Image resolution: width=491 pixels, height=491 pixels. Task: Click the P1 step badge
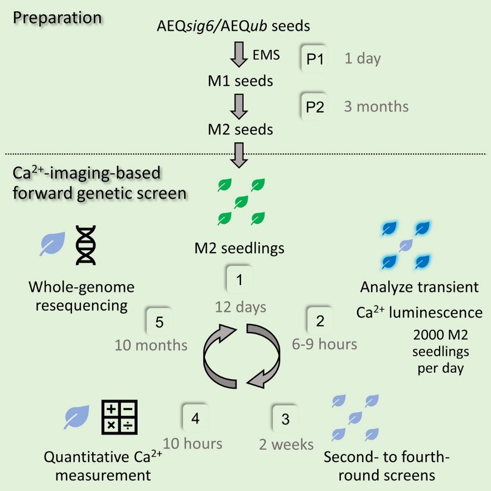(x=315, y=59)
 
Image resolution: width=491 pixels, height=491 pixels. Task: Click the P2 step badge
(x=315, y=107)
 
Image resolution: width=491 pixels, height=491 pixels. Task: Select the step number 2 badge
(x=320, y=321)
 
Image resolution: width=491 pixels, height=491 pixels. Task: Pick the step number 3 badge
(x=286, y=420)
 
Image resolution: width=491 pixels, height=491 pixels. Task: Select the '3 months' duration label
(x=376, y=107)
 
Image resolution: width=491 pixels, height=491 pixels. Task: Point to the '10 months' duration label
(x=151, y=345)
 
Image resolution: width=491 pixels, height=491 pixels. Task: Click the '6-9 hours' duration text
(x=325, y=344)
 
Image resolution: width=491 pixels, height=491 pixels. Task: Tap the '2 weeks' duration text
(x=286, y=445)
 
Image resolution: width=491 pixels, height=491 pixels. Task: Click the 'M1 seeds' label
(x=239, y=81)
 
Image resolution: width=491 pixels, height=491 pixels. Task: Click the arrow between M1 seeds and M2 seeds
(x=239, y=106)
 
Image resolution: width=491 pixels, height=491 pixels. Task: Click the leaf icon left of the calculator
(x=76, y=417)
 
